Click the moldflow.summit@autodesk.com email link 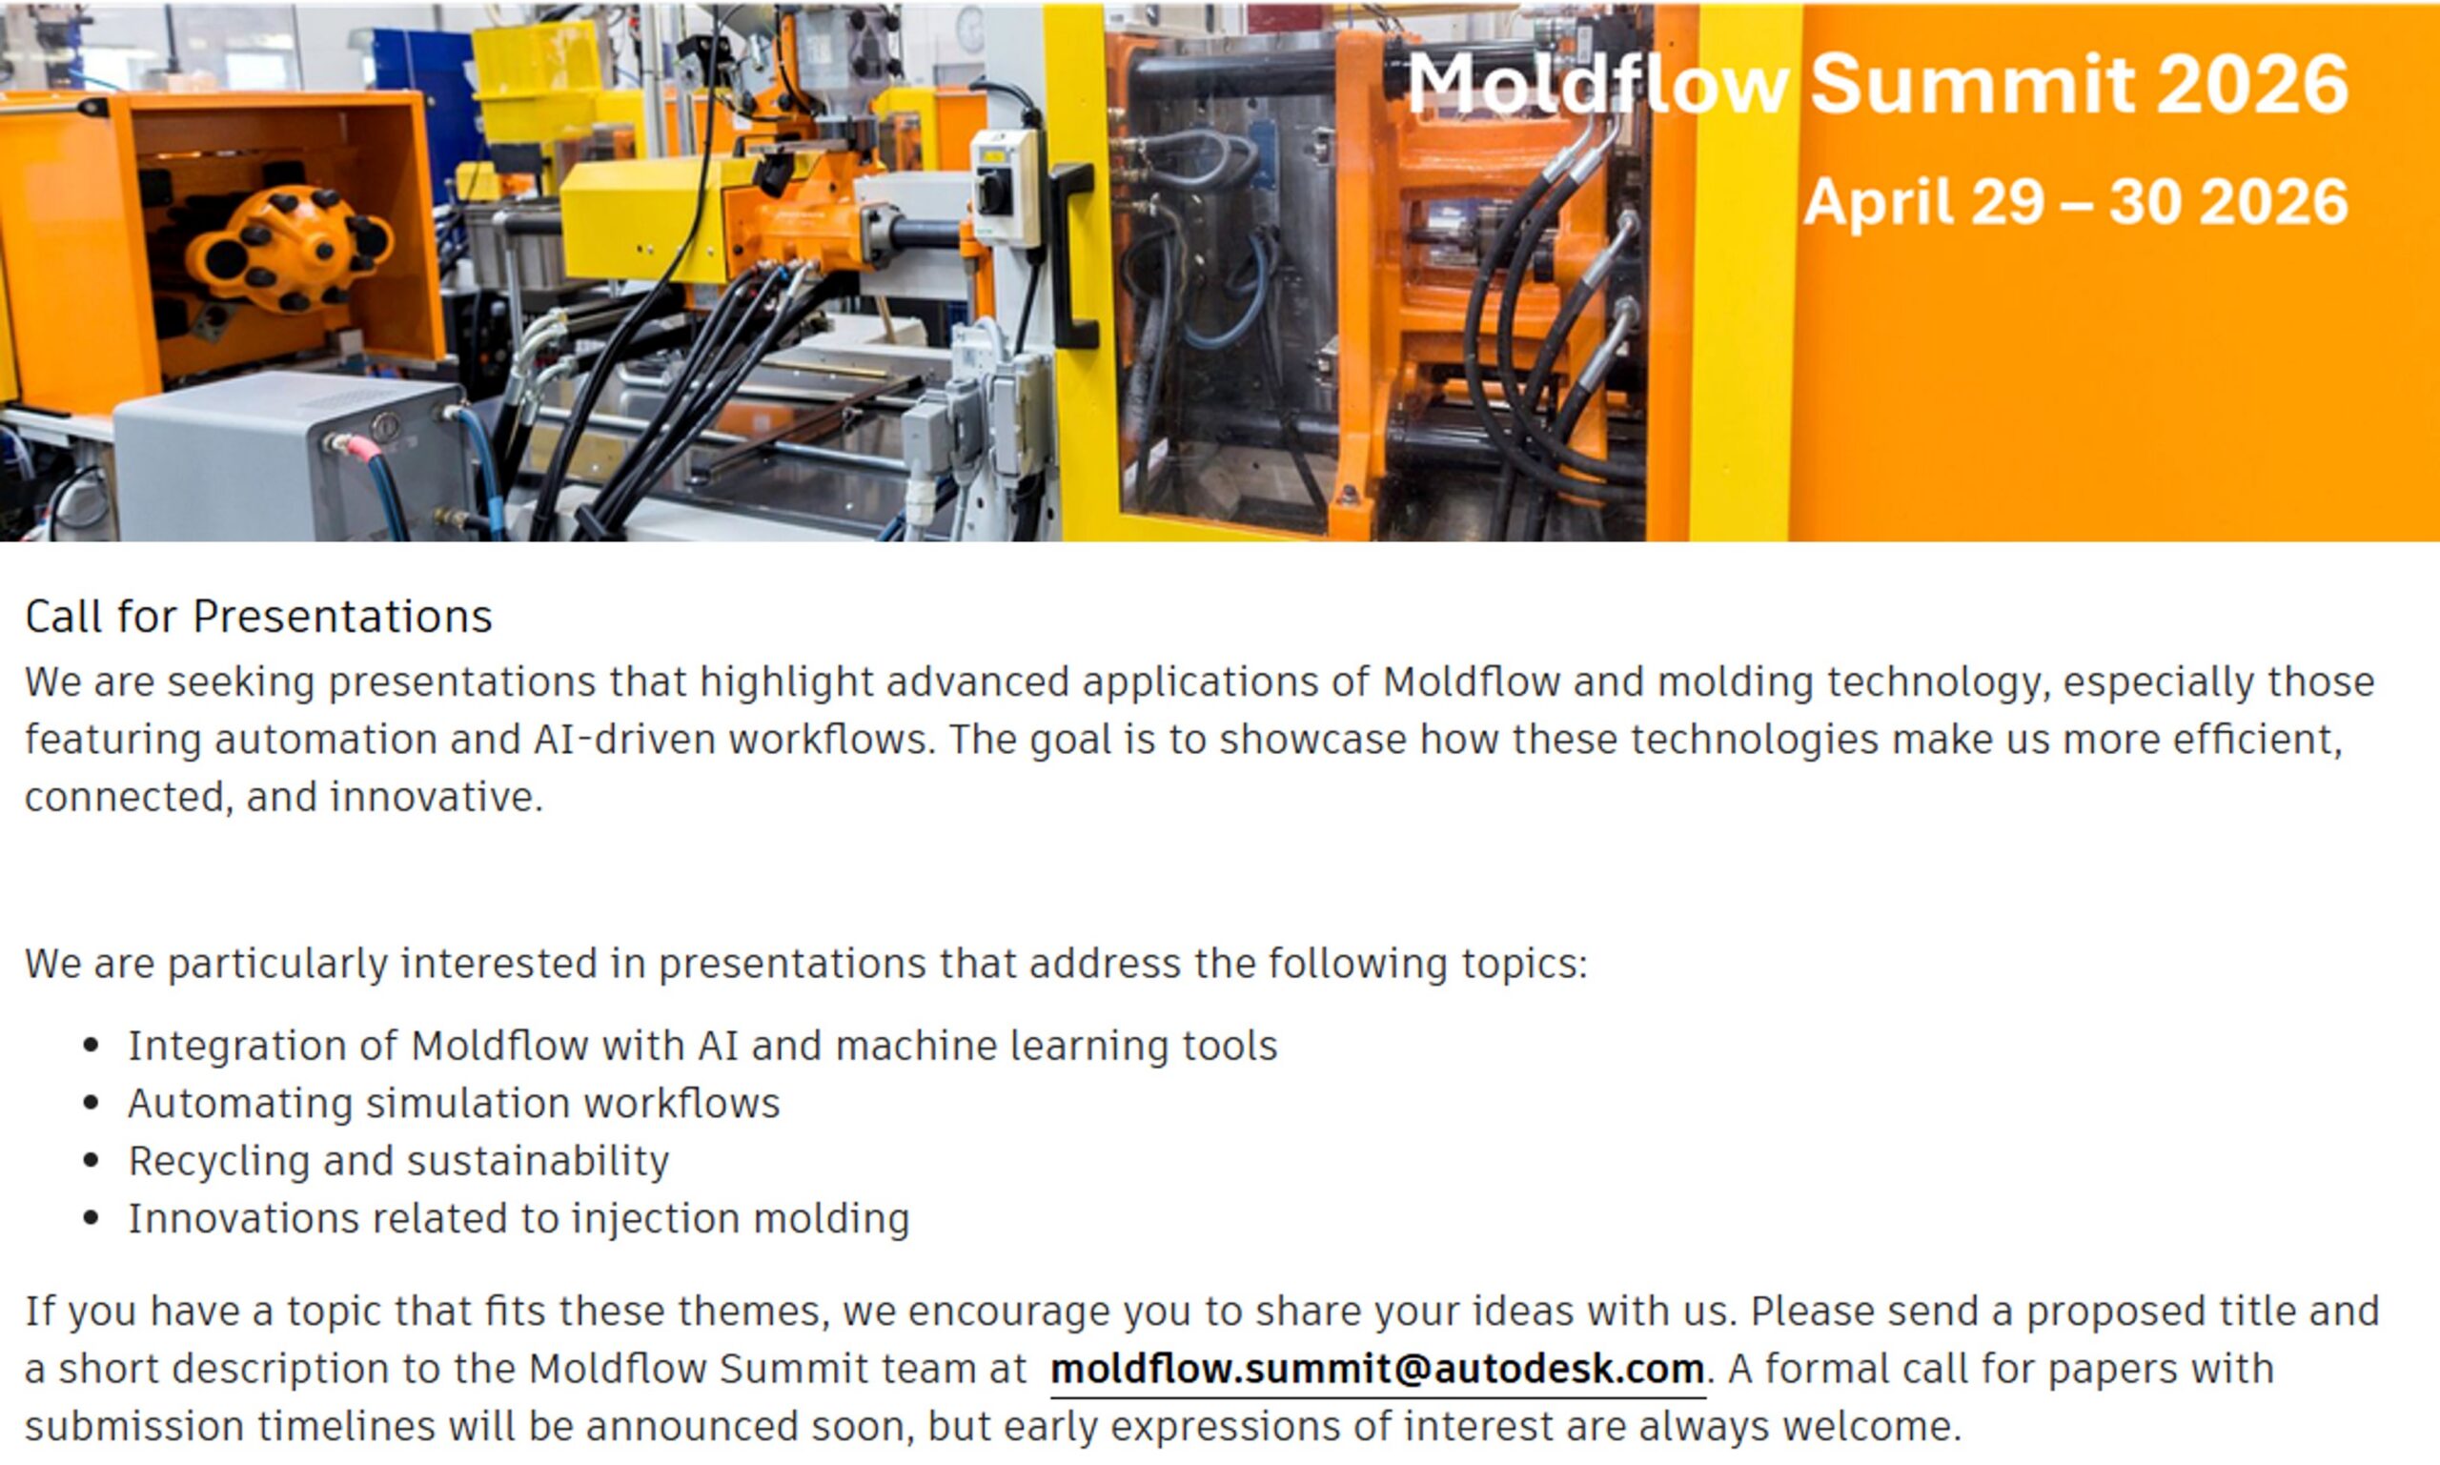1377,1370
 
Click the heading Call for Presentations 258,616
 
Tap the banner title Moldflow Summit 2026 1878,84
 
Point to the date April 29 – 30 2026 2076,201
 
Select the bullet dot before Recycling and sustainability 91,1160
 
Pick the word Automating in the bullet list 240,1104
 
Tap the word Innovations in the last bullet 244,1218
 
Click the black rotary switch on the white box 995,191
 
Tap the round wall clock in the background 971,30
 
